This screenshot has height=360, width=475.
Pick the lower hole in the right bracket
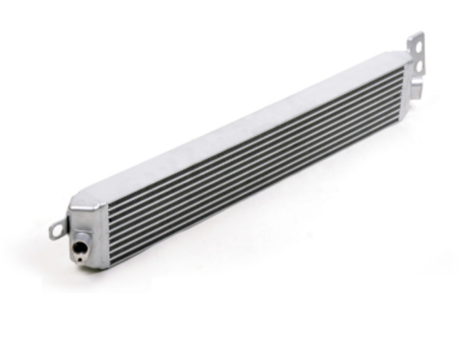419,66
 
